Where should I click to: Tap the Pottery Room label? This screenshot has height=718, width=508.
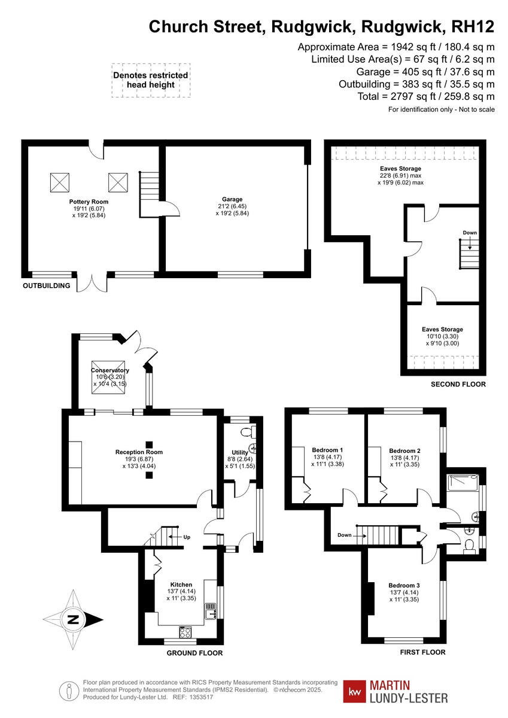(89, 202)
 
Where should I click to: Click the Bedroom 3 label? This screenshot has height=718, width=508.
(404, 585)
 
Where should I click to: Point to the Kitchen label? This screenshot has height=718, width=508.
(181, 585)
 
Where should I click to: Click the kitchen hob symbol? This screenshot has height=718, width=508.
(185, 631)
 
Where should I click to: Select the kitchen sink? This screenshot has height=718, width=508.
(211, 612)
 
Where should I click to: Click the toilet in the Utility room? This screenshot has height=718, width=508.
(245, 432)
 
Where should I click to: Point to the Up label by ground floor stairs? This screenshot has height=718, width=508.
(187, 537)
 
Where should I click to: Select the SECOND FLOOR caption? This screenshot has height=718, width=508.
(458, 384)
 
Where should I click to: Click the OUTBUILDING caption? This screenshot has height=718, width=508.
(47, 286)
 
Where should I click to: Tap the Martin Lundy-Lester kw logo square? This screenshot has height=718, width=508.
(355, 691)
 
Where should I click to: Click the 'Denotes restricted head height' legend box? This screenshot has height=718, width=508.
(150, 80)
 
